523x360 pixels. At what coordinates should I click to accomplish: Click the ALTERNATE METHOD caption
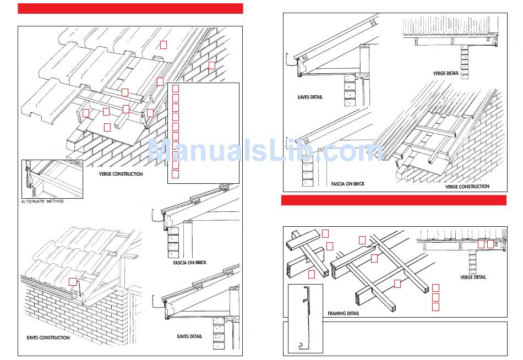(43, 201)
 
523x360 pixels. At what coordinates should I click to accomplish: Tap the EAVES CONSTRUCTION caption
(48, 337)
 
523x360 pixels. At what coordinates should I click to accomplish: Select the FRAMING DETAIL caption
(344, 313)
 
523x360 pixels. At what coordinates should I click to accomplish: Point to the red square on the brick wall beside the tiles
(212, 66)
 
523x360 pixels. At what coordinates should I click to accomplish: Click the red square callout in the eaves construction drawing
(73, 281)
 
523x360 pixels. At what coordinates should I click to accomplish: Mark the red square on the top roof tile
(164, 44)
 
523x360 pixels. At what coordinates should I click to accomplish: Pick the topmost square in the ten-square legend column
(175, 88)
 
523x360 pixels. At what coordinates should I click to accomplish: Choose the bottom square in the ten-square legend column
(175, 174)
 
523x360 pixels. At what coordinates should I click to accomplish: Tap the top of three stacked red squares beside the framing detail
(435, 287)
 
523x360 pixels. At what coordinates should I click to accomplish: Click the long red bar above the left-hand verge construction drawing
(130, 8)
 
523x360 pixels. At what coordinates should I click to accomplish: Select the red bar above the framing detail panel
(394, 200)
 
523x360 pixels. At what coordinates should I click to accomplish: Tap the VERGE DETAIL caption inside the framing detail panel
(473, 277)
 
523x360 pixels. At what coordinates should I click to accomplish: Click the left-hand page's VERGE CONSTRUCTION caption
(121, 174)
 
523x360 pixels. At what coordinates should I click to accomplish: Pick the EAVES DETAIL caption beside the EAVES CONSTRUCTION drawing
(189, 336)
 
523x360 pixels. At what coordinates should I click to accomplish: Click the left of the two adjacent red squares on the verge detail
(481, 244)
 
